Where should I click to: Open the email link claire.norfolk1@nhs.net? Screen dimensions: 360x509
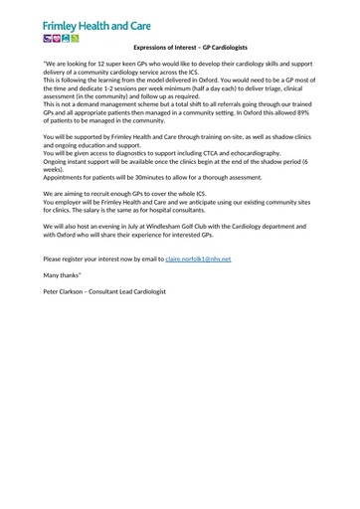tap(198, 257)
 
